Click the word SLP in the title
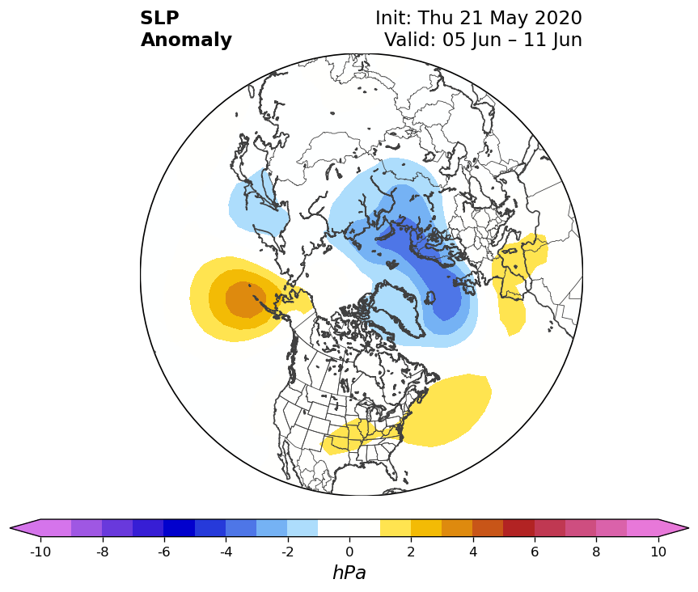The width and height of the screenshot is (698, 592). point(159,18)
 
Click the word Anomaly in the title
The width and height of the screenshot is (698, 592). point(186,40)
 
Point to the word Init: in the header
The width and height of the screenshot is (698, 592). point(395,18)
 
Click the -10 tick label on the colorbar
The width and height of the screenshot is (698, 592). point(40,552)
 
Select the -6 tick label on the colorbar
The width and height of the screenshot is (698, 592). point(164,552)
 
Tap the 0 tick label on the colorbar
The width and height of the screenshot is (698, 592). point(349,552)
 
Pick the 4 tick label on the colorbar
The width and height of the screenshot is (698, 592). point(473,552)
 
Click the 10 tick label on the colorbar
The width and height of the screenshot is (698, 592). point(658,552)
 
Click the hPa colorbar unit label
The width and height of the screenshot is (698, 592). point(349,573)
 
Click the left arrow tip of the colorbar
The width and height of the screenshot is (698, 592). point(11,528)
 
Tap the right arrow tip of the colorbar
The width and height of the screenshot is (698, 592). point(688,528)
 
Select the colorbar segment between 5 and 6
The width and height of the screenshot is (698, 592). point(519,528)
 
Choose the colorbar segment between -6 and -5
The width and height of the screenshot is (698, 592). point(180,528)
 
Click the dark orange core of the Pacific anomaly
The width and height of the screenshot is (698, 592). point(246,299)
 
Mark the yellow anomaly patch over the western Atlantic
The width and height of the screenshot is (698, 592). point(446,410)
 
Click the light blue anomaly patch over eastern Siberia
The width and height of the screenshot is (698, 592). point(259,201)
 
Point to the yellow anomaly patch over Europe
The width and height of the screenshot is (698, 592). point(518,277)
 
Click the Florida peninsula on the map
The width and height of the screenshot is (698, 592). point(392,471)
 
